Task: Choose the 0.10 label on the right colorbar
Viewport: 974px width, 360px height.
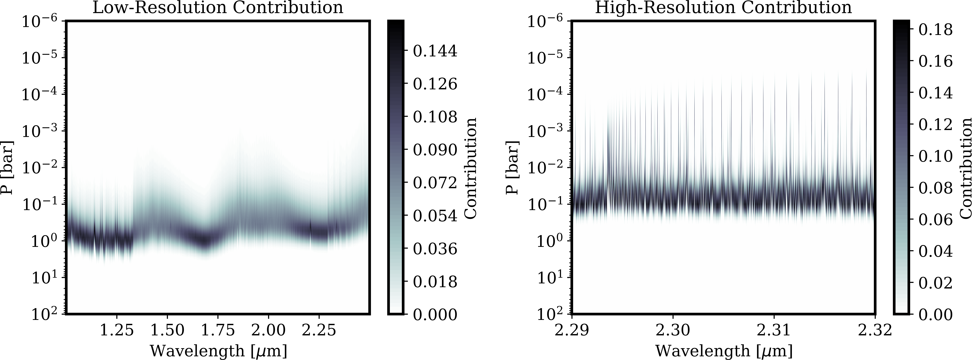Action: click(936, 156)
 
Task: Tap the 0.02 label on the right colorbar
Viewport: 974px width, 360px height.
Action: click(936, 282)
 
